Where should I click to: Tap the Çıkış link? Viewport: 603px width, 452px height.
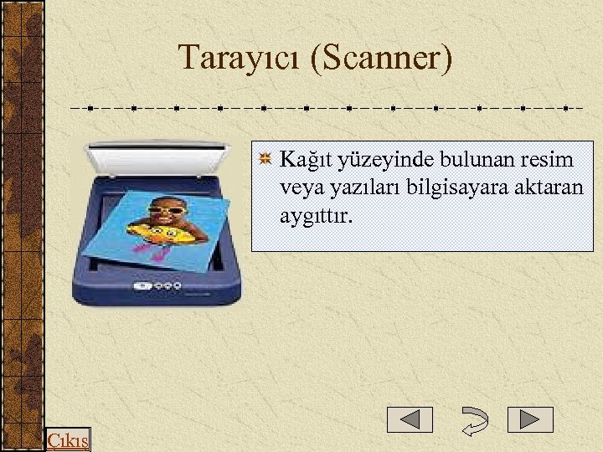click(x=68, y=440)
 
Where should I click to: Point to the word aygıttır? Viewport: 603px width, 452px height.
click(x=316, y=216)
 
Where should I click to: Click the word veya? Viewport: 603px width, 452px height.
click(x=301, y=187)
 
